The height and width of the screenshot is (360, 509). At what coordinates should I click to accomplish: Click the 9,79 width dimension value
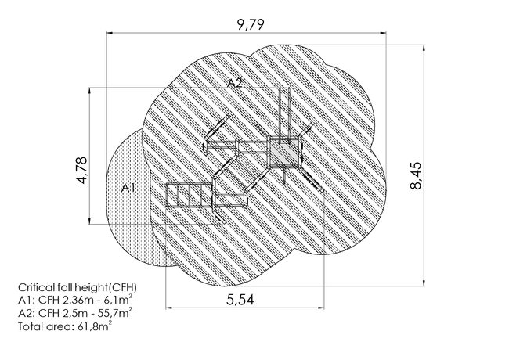tap(251, 24)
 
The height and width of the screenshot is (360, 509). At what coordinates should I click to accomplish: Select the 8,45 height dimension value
tap(416, 175)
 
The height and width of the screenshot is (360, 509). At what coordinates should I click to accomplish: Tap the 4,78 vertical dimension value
tap(82, 171)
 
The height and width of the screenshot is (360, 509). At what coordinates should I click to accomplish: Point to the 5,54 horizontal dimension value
tap(240, 300)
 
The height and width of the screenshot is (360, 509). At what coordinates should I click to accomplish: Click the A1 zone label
tap(128, 188)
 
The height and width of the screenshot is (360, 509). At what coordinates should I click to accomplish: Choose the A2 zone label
tap(234, 84)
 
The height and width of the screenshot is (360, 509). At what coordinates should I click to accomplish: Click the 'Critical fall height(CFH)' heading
tap(78, 288)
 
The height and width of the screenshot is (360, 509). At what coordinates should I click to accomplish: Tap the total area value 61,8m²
tap(95, 326)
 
